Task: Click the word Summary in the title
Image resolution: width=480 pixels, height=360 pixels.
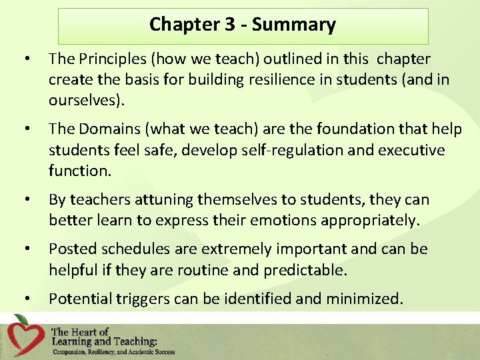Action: coord(293,25)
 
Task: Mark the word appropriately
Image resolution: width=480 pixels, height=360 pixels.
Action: coord(373,220)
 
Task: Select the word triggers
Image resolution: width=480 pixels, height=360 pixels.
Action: coord(139,299)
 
